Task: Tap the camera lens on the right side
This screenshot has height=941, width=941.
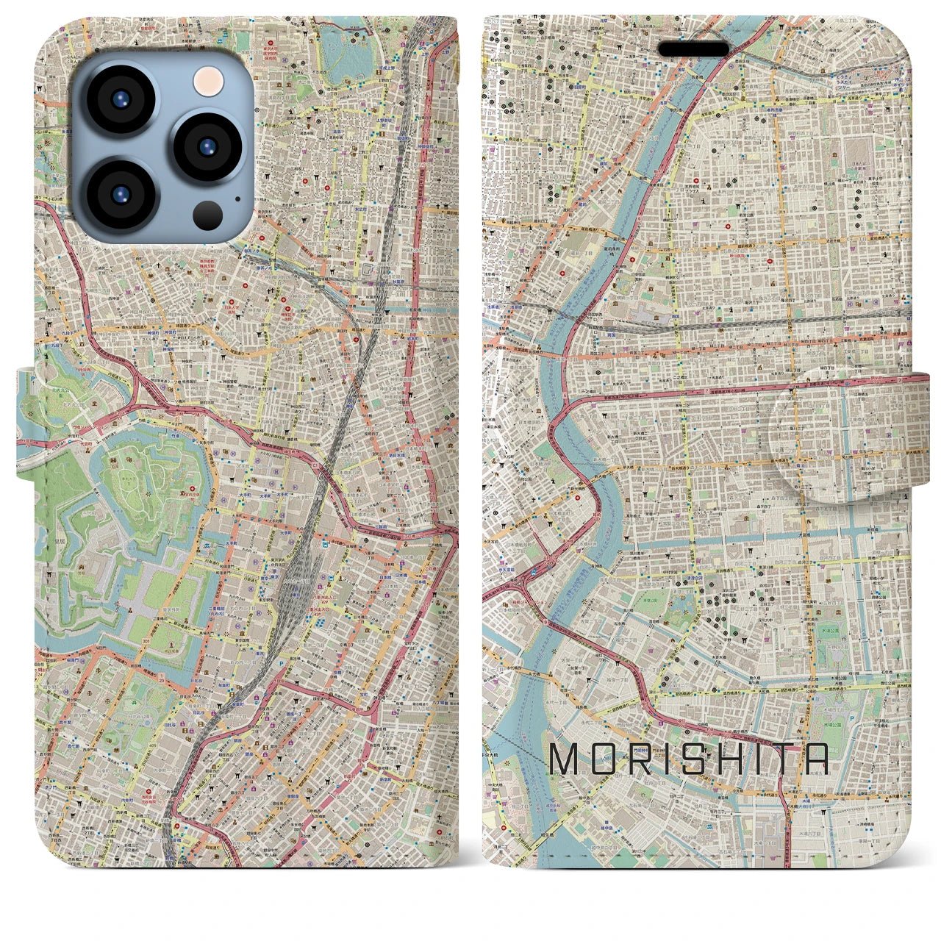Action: click(x=209, y=145)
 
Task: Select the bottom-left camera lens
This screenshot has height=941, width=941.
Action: click(x=119, y=193)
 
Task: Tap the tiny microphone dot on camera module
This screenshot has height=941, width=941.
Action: click(x=237, y=197)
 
